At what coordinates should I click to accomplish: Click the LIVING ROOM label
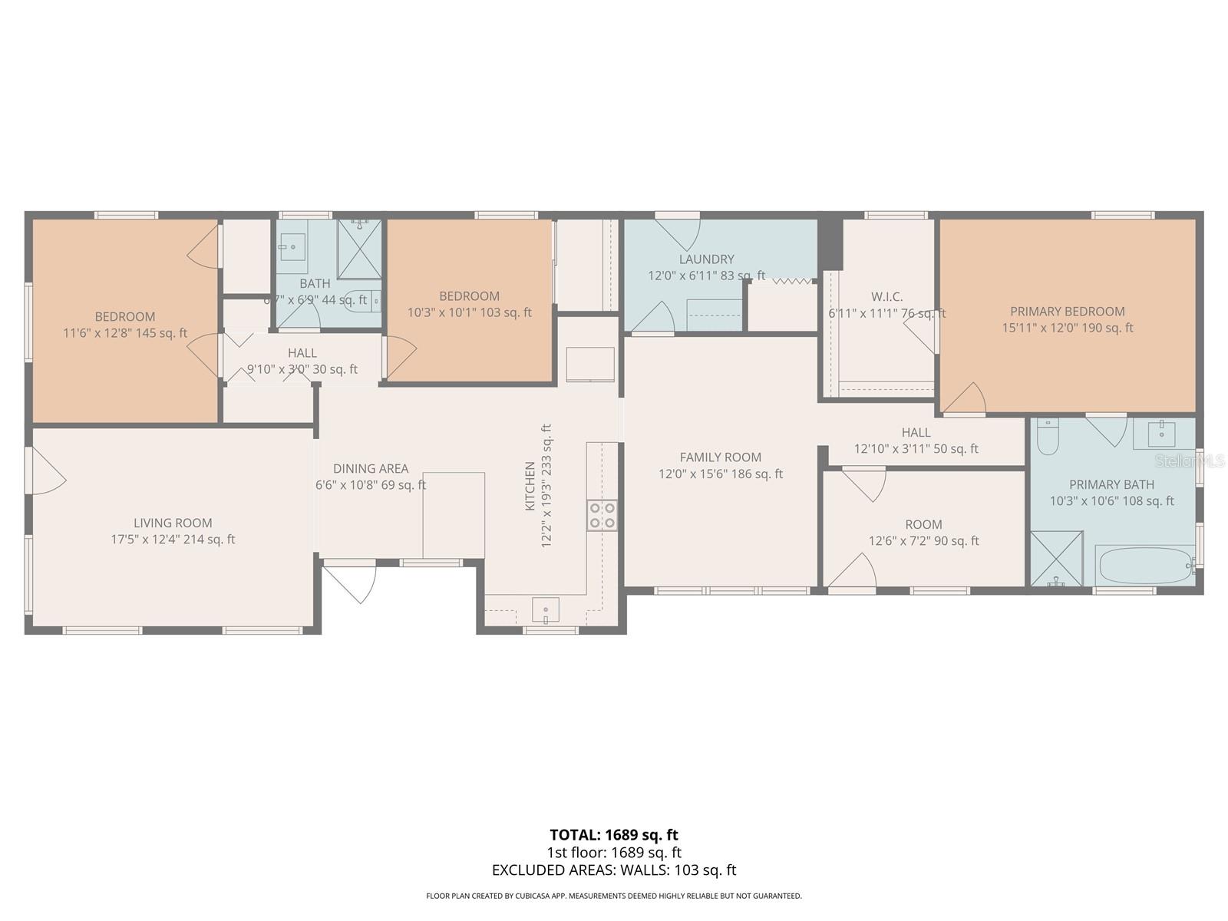(173, 523)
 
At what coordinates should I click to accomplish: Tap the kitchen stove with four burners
(602, 515)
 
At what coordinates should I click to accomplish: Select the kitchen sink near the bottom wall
(546, 611)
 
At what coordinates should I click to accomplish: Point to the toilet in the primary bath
(1048, 436)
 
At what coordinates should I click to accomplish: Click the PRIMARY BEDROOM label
(1067, 312)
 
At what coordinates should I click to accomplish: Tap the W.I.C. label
(886, 297)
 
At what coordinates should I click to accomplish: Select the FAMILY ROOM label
(720, 457)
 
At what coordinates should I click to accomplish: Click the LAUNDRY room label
(706, 259)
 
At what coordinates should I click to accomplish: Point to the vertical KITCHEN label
(530, 487)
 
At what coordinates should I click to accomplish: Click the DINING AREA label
(371, 468)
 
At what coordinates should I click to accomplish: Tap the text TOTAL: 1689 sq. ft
(613, 834)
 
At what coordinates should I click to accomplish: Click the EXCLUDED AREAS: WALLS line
(613, 870)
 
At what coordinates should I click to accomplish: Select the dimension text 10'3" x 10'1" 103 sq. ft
(469, 312)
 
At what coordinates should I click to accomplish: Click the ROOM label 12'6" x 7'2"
(923, 524)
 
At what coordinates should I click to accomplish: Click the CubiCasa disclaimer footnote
(613, 896)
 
